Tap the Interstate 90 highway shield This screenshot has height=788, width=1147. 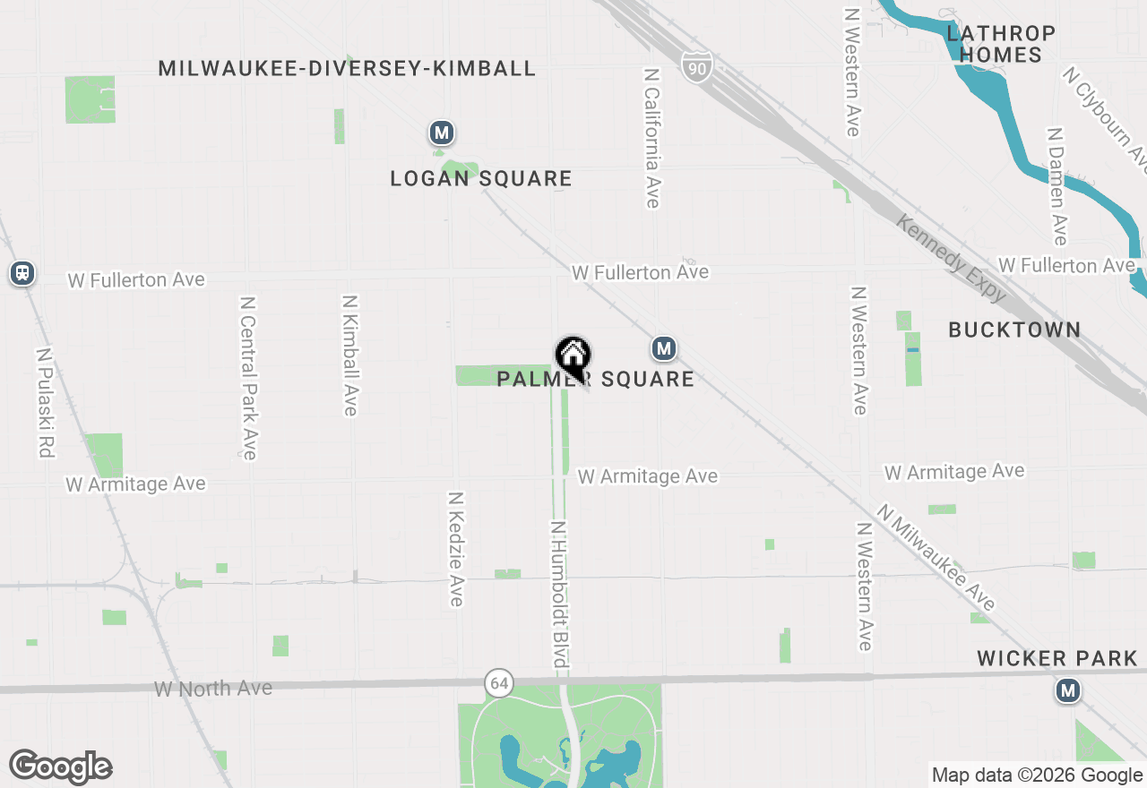(696, 66)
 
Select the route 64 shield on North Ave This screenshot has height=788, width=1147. (499, 683)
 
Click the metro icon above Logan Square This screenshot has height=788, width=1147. (440, 133)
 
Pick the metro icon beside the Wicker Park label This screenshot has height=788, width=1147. (1067, 690)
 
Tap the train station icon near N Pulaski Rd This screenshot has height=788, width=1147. (22, 273)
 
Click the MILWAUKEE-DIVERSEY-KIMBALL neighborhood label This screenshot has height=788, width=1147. (347, 68)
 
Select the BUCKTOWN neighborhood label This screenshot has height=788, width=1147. (1014, 330)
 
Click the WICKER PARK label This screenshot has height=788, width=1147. (1056, 659)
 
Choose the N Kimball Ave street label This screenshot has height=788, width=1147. (350, 355)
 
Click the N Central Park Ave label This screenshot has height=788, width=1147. (248, 378)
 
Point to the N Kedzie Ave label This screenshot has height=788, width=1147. (456, 548)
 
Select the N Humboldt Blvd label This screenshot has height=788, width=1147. (560, 595)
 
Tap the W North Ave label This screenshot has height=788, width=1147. (213, 689)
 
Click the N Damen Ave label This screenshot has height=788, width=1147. (1057, 186)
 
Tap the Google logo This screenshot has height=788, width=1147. (61, 767)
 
